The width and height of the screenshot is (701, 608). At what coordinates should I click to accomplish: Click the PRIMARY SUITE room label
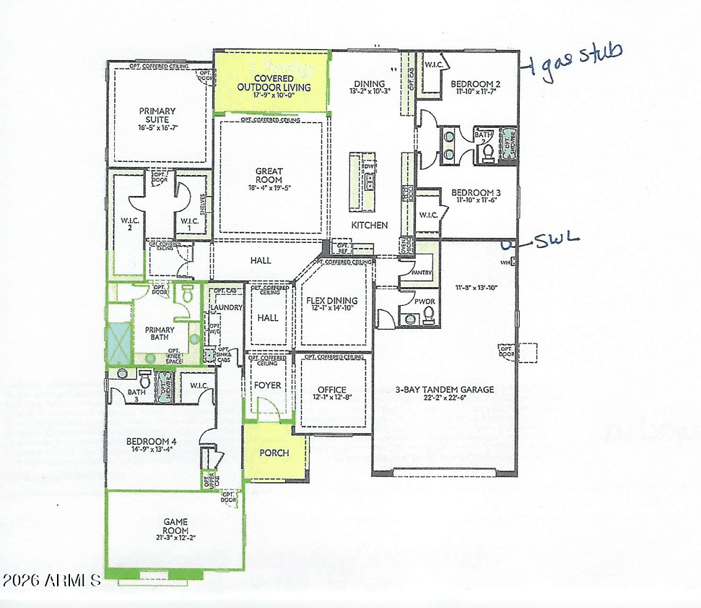157,116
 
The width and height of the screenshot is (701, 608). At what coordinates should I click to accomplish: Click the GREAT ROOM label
269,176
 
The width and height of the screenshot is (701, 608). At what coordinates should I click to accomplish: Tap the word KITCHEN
370,225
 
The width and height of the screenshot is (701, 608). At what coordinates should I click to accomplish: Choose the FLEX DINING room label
332,301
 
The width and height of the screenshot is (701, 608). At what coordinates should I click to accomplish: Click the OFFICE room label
332,390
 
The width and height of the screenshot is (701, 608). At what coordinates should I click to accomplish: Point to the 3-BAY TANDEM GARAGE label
444,390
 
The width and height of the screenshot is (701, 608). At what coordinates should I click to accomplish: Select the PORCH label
274,453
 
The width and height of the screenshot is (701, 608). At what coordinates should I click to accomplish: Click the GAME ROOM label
175,525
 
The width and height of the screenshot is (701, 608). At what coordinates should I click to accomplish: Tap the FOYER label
268,385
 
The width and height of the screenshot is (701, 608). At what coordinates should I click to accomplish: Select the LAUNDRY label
225,308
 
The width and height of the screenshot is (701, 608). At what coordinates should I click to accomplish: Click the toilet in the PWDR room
428,314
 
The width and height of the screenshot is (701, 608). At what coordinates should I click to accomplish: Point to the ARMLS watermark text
52,581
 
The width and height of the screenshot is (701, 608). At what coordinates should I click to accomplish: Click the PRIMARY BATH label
158,334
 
